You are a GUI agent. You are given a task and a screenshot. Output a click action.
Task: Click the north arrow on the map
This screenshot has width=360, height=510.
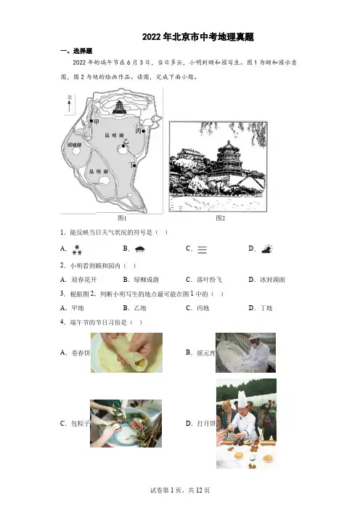[x=69, y=106]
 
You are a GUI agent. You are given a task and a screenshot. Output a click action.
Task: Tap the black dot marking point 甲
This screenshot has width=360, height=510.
[x=91, y=121]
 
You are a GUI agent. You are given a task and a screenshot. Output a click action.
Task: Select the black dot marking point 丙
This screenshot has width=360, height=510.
[x=143, y=131]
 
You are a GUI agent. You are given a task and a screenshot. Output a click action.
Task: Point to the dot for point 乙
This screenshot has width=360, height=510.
[x=123, y=146]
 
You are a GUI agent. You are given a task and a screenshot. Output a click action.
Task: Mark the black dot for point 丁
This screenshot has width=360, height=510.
[x=134, y=166]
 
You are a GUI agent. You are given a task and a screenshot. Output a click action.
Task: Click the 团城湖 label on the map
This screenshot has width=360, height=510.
[x=75, y=145]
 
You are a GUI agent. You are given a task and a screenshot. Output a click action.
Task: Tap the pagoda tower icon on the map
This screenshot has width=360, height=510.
[x=119, y=107]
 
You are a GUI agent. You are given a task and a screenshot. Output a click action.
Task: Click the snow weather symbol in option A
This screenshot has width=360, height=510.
[x=77, y=250]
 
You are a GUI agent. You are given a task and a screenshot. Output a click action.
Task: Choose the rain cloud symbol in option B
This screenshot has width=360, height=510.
[x=139, y=249]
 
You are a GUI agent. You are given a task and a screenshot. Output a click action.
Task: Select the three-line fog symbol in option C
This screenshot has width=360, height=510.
[x=202, y=249]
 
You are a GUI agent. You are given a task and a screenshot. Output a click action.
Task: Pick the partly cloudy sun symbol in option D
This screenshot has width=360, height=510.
[x=267, y=248]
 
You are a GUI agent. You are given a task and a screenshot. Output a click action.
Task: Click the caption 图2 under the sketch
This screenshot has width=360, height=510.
[x=221, y=218]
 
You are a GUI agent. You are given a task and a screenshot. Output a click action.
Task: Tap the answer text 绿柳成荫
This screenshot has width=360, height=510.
[x=146, y=280]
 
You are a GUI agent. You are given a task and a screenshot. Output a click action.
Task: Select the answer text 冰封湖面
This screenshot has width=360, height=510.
[x=272, y=280]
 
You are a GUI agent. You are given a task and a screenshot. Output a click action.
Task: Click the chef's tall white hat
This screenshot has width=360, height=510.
[x=242, y=399]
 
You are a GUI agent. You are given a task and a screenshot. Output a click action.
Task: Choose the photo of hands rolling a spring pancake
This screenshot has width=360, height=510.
[x=126, y=352]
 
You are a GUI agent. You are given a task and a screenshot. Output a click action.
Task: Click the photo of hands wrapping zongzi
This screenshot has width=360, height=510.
[x=126, y=424]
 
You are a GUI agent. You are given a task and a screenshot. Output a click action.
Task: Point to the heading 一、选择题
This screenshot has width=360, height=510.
[x=76, y=51]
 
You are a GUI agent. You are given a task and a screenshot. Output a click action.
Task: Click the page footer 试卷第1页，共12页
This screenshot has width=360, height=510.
[x=180, y=490]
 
